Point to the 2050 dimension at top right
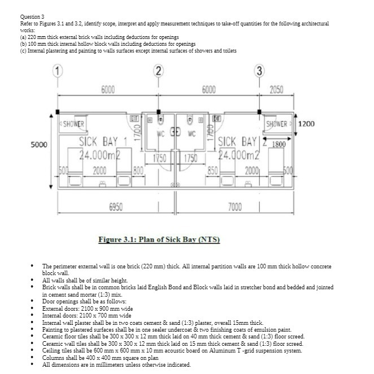277,89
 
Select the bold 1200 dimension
306,124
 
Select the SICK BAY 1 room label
105,142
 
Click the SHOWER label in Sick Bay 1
73,124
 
